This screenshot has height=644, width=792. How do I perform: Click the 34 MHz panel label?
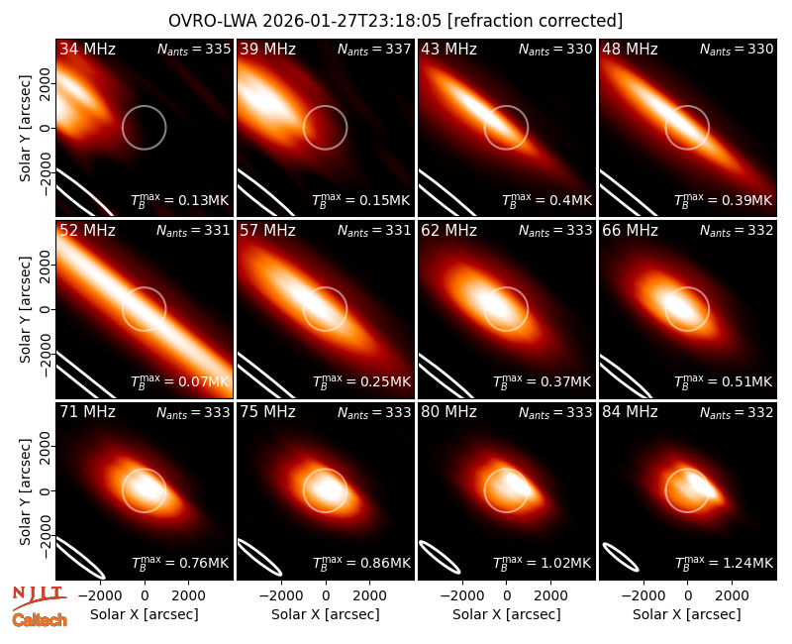87,49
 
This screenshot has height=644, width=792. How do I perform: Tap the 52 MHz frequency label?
87,231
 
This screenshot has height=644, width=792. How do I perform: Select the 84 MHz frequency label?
630,412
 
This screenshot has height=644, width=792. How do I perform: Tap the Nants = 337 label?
374,49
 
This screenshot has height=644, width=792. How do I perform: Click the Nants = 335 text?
194,49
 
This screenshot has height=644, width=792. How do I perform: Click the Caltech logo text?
40,620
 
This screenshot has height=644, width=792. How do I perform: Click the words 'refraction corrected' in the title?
536,21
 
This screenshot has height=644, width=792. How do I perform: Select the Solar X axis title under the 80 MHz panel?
506,614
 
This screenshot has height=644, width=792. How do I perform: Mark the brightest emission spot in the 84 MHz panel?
701,483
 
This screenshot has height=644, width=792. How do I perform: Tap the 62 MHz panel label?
449,231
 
